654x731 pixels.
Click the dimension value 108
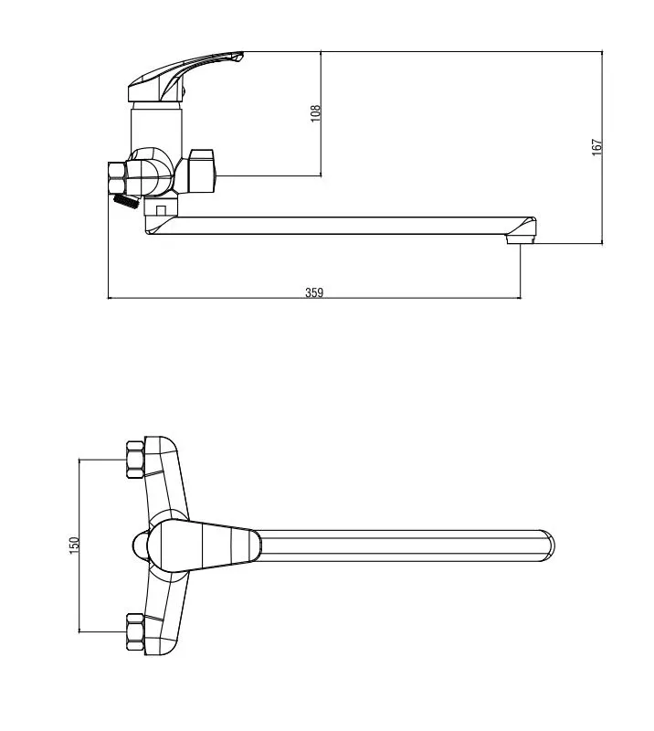click(316, 113)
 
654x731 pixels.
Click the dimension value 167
click(596, 147)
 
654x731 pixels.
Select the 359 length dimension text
click(314, 292)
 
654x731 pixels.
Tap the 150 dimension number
click(74, 546)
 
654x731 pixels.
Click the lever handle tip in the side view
click(239, 56)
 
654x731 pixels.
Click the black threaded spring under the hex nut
click(126, 201)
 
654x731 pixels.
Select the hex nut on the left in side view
click(117, 177)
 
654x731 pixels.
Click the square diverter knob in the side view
click(201, 171)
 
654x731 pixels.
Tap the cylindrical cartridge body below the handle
click(156, 128)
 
